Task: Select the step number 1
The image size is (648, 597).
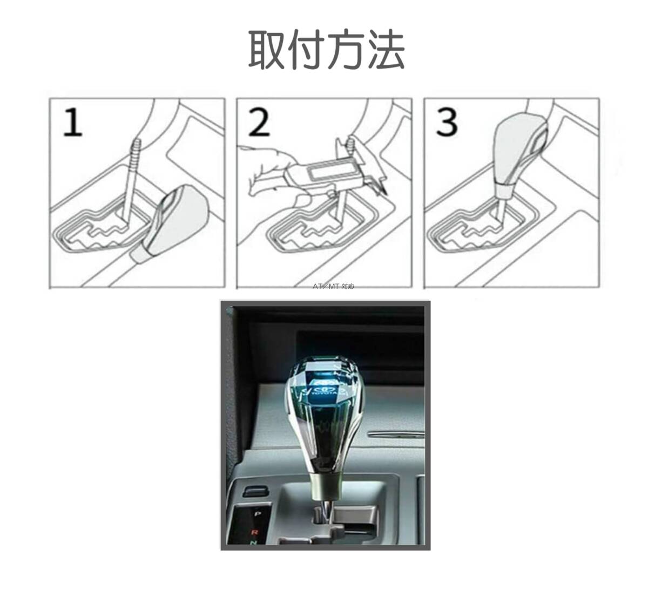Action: pos(72,123)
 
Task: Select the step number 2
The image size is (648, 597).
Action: pos(259,123)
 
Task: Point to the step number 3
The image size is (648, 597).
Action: pos(447,123)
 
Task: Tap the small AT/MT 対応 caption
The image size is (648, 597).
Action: pos(334,287)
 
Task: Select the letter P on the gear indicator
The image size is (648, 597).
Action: pos(257,514)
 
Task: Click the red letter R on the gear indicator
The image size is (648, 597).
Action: pos(256,531)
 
